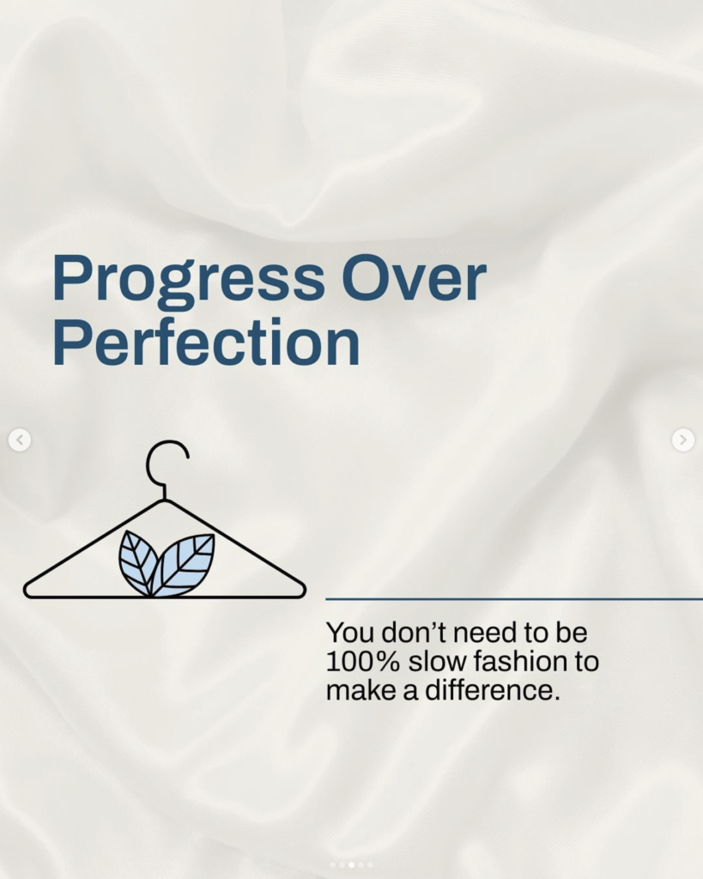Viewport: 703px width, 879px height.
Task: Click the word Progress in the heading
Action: (188, 279)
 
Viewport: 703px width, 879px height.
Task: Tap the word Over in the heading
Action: (414, 278)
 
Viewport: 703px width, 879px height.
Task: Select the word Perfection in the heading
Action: (206, 342)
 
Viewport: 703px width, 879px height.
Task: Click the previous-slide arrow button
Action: (20, 439)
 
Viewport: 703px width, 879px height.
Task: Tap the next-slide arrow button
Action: (682, 439)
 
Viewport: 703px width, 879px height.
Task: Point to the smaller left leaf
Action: (136, 561)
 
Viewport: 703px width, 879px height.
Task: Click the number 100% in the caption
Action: (362, 661)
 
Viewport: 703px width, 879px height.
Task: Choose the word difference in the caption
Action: (492, 689)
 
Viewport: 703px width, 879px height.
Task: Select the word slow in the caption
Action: (437, 661)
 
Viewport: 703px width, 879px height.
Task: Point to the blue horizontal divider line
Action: (514, 599)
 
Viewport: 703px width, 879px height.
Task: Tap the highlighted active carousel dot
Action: (352, 865)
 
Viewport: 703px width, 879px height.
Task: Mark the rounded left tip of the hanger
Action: (26, 591)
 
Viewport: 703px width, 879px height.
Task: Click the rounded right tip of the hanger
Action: (303, 591)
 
